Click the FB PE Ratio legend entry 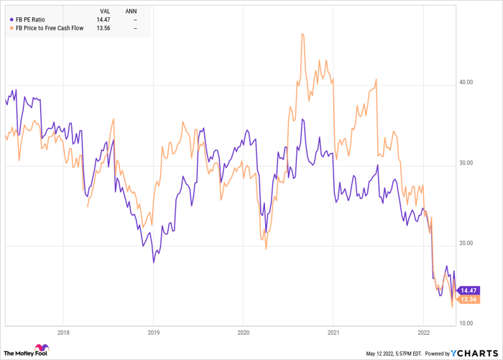36,20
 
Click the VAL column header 105,11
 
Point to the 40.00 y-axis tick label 466,83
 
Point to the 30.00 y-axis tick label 466,163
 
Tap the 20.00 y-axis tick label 466,244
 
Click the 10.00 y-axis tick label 466,324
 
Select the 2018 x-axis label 63,333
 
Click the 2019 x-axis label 152,333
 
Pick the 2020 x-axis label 242,333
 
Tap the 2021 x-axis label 333,333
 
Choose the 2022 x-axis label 423,333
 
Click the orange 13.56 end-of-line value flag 468,298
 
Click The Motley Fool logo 27,351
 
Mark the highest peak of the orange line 303,33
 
